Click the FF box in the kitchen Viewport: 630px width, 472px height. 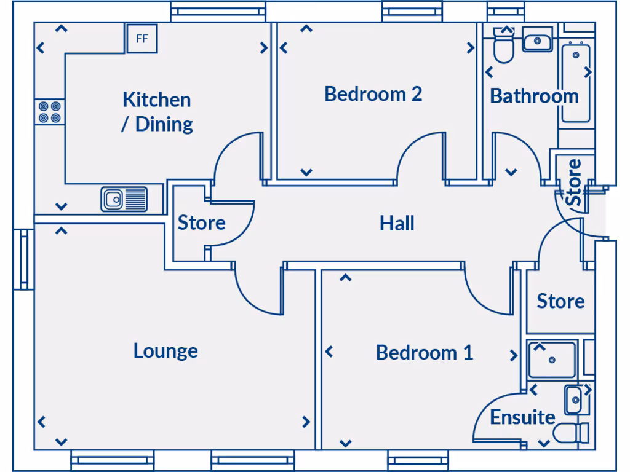point(142,39)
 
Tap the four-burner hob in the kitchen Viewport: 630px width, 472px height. point(49,111)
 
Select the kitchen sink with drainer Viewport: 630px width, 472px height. point(124,199)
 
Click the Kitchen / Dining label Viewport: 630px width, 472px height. point(157,111)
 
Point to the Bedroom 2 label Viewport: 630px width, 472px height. point(373,94)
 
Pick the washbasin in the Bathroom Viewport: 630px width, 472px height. point(538,41)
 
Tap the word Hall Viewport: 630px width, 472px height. point(397,223)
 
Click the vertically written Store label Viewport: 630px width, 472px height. point(573,183)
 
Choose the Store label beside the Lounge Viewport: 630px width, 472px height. point(201,222)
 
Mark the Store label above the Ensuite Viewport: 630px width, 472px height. point(560,301)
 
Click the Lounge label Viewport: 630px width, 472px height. point(165,350)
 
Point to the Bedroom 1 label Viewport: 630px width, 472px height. point(424,353)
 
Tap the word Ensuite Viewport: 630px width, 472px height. point(522,417)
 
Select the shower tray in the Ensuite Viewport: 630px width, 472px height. point(552,360)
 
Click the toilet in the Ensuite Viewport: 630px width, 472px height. point(570,433)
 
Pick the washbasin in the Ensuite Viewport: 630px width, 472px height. point(575,400)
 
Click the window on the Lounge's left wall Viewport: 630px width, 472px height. point(24,259)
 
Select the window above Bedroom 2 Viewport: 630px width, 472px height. point(412,10)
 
